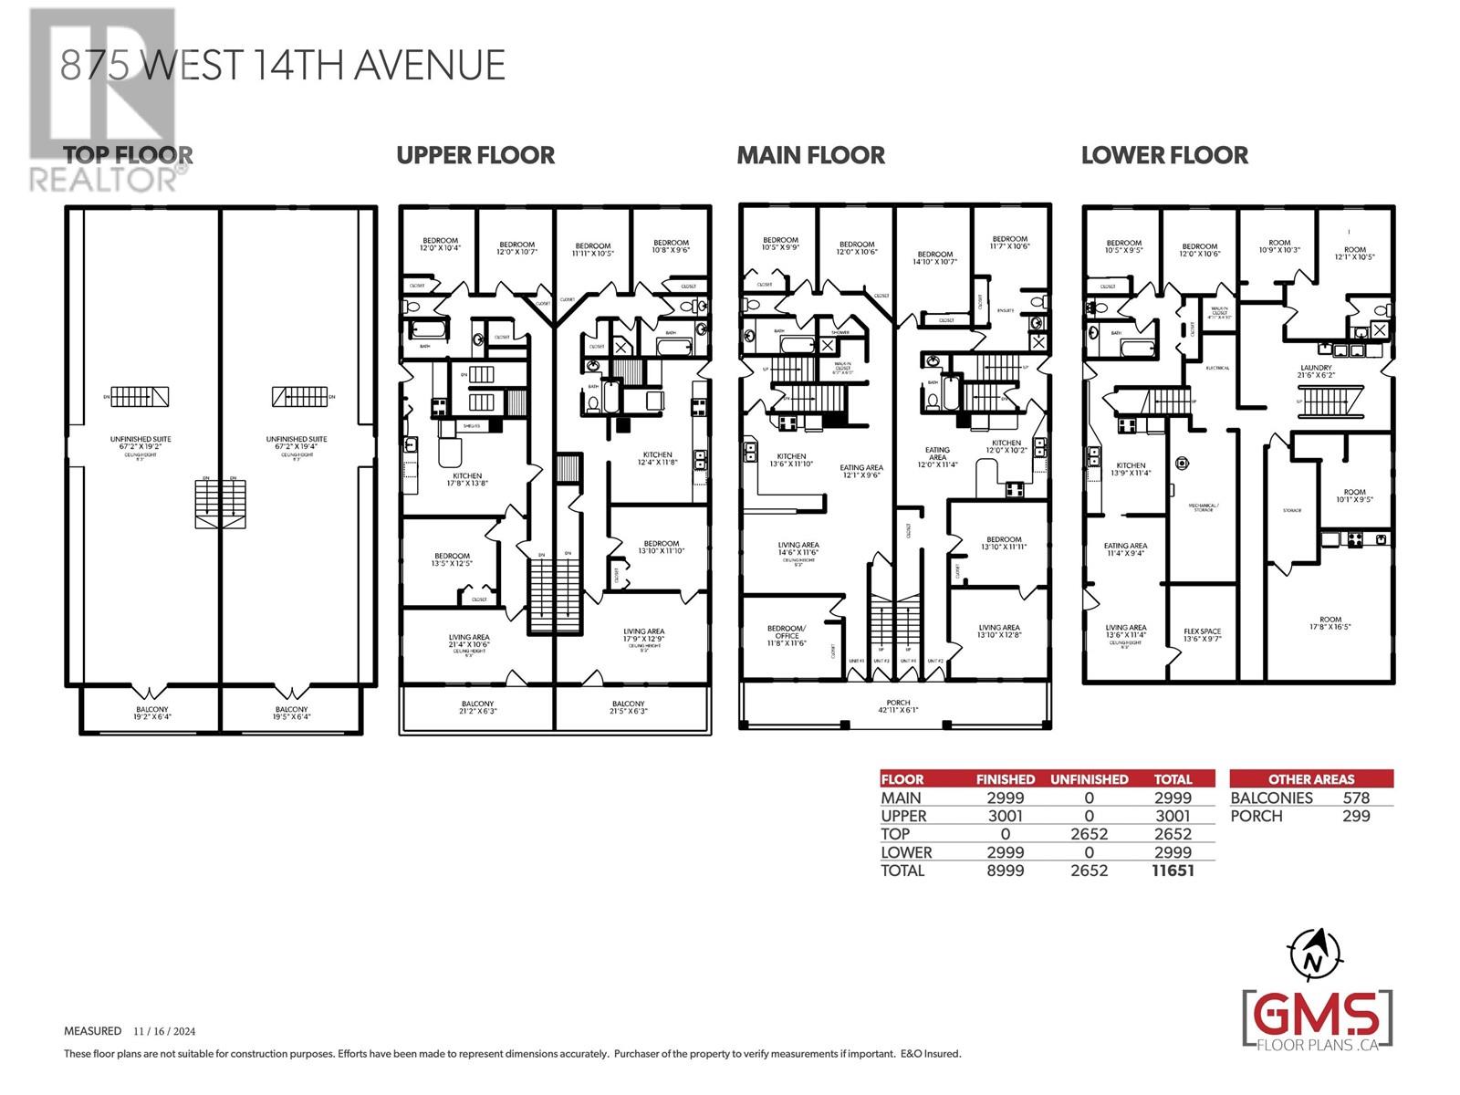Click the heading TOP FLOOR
[128, 155]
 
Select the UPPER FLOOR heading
[475, 155]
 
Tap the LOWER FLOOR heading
[1164, 155]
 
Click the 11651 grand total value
[1173, 871]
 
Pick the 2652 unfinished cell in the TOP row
[1089, 834]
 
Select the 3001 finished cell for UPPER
[1005, 816]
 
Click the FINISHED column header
[1005, 779]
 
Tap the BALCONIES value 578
[1356, 798]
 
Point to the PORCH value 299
[1356, 816]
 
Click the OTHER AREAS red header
[1311, 779]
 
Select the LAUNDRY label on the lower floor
[1316, 371]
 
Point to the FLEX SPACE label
[1202, 635]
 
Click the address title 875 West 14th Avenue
[283, 66]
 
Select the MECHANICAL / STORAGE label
[1203, 507]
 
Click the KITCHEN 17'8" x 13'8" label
[466, 479]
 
